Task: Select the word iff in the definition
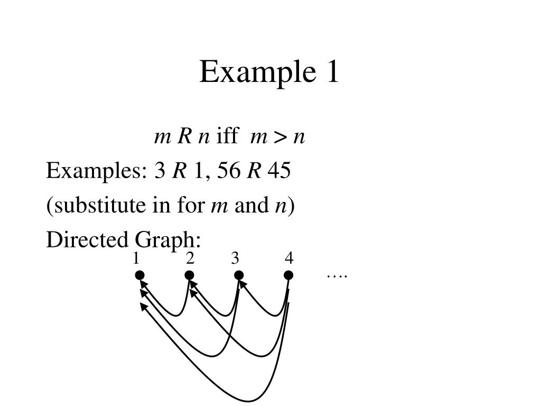coord(227,136)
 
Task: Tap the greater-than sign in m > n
coord(281,137)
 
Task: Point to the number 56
coord(228,171)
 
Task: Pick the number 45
coord(279,171)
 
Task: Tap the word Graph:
coord(167,241)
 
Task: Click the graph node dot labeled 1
coord(139,275)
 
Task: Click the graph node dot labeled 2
coord(189,275)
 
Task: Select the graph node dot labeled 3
coord(239,275)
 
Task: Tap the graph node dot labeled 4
coord(288,275)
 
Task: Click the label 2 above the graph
coord(190,259)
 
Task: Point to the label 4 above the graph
coord(288,259)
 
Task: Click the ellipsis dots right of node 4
coord(337,276)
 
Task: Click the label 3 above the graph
coord(235,259)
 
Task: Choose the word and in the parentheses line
coord(251,205)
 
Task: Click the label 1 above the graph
coord(136,259)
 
